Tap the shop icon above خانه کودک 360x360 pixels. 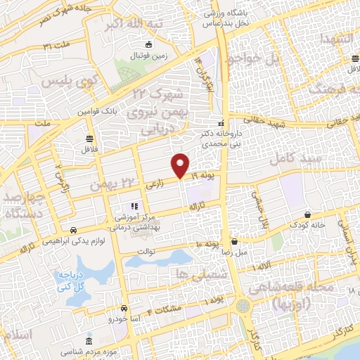tap(308, 214)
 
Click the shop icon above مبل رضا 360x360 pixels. tap(237, 240)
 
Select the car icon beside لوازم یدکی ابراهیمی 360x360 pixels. tap(73, 230)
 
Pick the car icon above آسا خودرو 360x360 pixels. tap(124, 308)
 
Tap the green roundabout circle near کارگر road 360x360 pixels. tap(243, 306)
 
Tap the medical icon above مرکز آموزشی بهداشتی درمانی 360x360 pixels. tap(132, 206)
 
